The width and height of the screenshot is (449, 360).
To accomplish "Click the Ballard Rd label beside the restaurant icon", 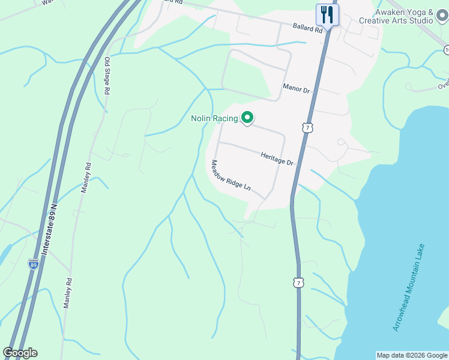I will point(308,28).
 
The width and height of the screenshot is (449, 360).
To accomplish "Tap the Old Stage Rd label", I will point(107,76).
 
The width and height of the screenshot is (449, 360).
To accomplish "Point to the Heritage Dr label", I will point(276,158).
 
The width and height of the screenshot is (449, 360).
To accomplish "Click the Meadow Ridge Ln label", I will point(230,175).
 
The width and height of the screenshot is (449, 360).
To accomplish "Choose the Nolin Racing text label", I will point(214,119).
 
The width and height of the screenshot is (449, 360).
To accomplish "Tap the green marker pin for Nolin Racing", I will point(247,118).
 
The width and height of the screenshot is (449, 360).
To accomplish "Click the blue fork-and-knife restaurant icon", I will point(327,14).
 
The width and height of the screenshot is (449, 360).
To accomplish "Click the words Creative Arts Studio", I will point(396,20).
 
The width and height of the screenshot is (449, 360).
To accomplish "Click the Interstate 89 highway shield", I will point(34,263).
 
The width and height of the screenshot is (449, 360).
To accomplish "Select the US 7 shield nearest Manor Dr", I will point(307,128).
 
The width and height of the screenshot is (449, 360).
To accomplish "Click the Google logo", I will point(20,353).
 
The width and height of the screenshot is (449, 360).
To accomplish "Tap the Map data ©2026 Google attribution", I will point(412,355).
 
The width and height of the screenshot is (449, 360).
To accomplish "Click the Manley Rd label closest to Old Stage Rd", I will point(86,178).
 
